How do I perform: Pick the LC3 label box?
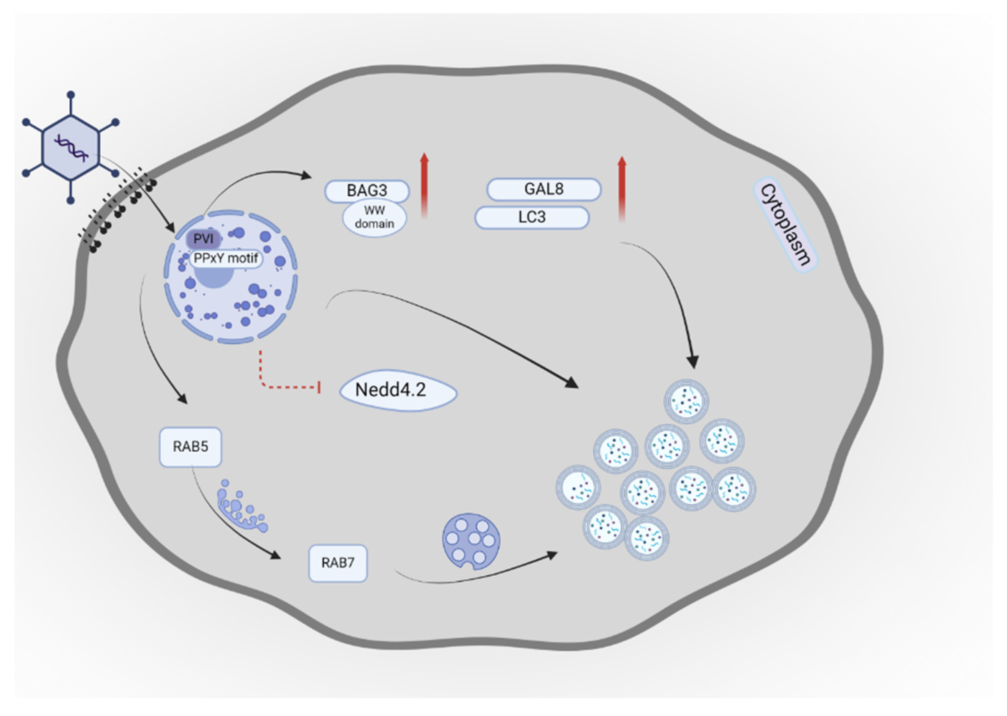(532, 217)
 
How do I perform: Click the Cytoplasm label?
(785, 225)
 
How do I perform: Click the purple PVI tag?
(203, 239)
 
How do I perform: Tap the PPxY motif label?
(226, 258)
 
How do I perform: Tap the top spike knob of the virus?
(71, 94)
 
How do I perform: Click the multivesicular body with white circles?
(471, 541)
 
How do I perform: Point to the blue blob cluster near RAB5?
(240, 507)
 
